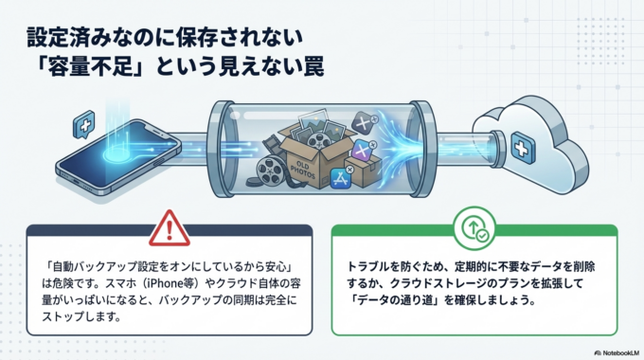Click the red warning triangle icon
tap(170, 228)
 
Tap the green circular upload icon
tap(474, 229)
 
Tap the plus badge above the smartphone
tap(85, 123)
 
